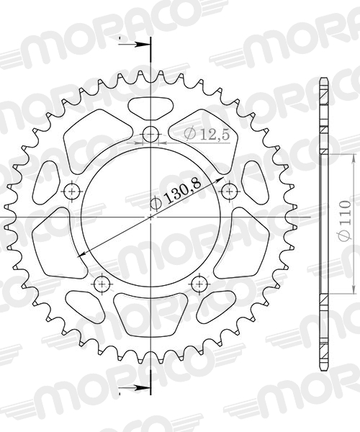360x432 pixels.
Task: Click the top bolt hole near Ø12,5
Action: tap(150, 134)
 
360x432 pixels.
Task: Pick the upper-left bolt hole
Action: tap(71, 191)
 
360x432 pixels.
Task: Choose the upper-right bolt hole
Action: tap(230, 191)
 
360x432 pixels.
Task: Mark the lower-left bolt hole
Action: tap(102, 284)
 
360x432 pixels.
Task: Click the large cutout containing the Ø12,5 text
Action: tap(205, 140)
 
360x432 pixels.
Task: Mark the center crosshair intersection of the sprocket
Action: tap(150, 217)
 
